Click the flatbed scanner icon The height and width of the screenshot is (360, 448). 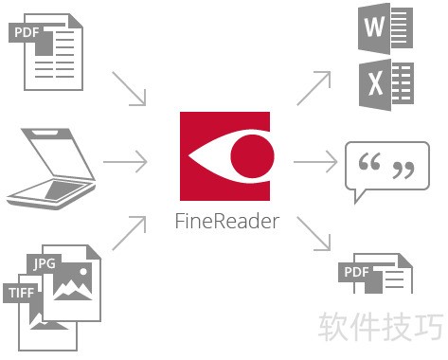[x=52, y=170]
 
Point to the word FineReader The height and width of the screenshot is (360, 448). [x=227, y=223]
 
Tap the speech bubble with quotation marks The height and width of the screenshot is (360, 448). [x=386, y=171]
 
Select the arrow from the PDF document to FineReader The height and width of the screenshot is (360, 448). [x=131, y=88]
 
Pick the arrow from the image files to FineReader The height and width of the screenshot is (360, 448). [x=129, y=233]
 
